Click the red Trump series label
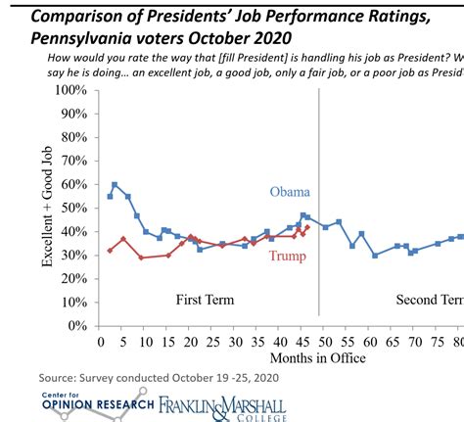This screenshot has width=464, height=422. point(288,257)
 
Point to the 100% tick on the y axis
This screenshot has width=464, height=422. point(70,90)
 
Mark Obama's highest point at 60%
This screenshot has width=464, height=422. point(115,184)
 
